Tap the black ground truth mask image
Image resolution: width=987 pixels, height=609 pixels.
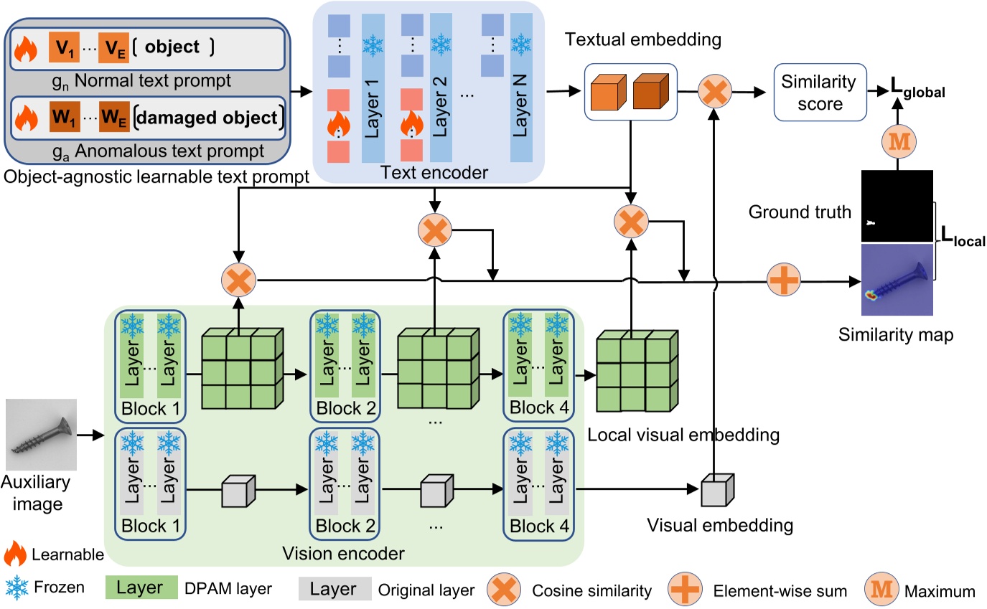tap(897, 206)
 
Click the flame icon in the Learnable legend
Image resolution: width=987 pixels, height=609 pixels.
tap(17, 555)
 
